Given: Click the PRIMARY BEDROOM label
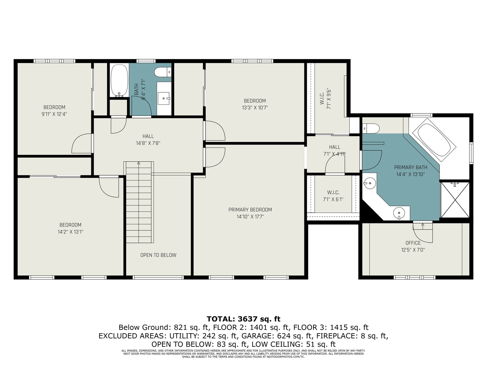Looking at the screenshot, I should (250, 210).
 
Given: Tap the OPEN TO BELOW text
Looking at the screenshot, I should (158, 255).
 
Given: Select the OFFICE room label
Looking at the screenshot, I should (413, 243).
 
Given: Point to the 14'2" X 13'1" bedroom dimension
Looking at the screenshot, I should (70, 232).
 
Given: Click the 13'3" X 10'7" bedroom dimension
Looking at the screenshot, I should (255, 108).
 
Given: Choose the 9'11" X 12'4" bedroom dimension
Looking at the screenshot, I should (54, 114).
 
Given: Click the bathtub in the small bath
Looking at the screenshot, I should (118, 80).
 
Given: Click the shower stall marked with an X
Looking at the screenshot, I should (455, 200).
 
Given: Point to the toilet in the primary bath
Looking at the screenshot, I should (371, 128).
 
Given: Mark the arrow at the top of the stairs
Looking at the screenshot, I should (139, 163).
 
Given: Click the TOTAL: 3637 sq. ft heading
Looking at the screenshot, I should (243, 319).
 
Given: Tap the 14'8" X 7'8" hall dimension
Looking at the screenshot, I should (148, 143).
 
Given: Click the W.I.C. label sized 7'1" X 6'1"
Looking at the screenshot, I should (333, 192).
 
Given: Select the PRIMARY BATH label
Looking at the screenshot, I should (411, 167).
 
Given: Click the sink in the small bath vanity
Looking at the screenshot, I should (164, 98).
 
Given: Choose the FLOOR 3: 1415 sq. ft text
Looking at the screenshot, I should (331, 327).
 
